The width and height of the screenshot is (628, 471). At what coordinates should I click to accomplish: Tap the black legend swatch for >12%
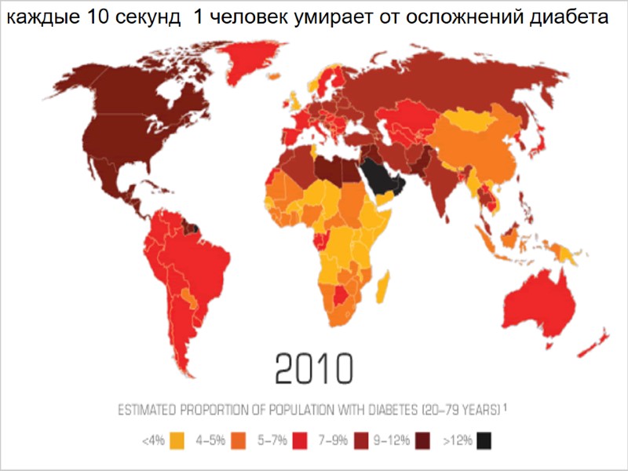click(487, 440)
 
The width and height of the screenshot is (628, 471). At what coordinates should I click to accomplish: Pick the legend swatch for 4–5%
click(239, 440)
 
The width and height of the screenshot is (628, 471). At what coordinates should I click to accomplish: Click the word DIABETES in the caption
click(388, 410)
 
